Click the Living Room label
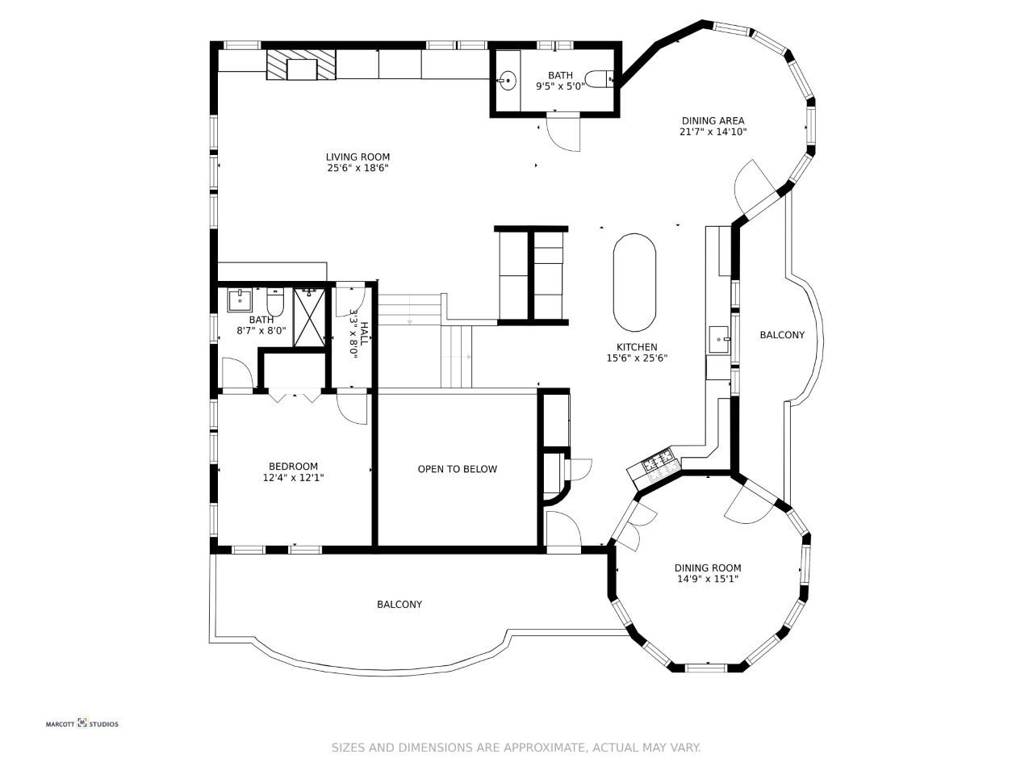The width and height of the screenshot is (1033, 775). [x=358, y=157]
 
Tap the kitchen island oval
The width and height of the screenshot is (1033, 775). [x=634, y=283]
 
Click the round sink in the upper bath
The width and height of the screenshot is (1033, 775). [x=508, y=81]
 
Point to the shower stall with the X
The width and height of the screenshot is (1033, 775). [x=309, y=317]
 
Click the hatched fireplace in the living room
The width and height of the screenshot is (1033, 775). [x=301, y=65]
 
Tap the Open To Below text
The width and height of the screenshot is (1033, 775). [x=458, y=469]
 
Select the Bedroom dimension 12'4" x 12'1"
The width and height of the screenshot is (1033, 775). [x=293, y=478]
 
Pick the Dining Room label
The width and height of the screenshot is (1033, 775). [x=707, y=568]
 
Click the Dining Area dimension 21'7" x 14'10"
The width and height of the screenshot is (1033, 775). [x=713, y=132]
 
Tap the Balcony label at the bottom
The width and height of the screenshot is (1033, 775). [x=399, y=604]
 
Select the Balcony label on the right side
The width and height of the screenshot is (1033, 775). [x=782, y=335]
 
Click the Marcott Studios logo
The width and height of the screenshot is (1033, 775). [x=82, y=723]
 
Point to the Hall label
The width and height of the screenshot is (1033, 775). [x=364, y=333]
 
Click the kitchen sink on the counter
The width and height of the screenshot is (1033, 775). [x=719, y=339]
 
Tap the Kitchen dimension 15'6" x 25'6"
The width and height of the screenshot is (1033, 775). [x=637, y=358]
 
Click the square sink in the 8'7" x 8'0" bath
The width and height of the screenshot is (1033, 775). [x=240, y=300]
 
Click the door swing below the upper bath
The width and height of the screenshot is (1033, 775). [x=563, y=132]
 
